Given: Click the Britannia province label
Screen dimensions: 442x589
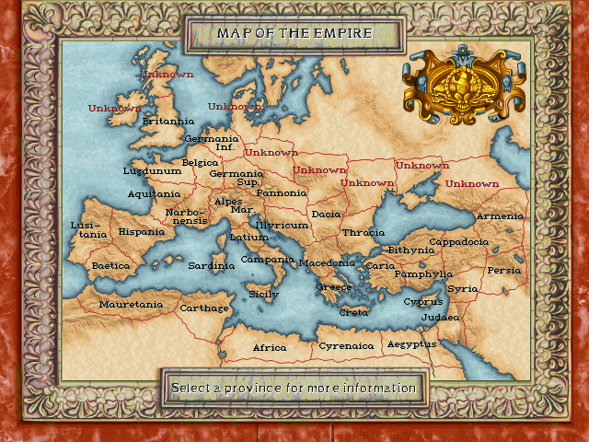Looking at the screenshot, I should point(167,121).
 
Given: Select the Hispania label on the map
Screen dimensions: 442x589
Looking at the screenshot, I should point(141,232).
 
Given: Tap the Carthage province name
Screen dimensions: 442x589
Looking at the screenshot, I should point(203,308).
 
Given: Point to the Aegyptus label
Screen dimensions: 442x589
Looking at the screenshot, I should point(411,343).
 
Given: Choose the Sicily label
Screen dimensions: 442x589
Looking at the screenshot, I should point(263,295).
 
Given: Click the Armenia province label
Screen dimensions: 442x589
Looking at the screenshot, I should point(500,215).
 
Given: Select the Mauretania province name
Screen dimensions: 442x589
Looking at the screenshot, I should point(131,304).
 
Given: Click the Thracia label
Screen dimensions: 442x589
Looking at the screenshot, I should point(364,232).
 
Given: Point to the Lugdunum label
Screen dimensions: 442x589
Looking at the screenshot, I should point(152,170).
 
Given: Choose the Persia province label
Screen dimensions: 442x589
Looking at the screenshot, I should point(503,270).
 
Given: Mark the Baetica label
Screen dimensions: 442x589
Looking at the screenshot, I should point(110,265).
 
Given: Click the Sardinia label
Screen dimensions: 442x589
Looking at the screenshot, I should point(211,265).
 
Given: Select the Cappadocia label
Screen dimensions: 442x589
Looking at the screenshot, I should point(458,241).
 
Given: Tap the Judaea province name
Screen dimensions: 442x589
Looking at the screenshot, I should point(439,317).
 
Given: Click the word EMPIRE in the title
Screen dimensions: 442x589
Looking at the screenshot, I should point(344,33).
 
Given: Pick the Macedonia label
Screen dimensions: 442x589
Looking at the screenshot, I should point(326,262).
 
